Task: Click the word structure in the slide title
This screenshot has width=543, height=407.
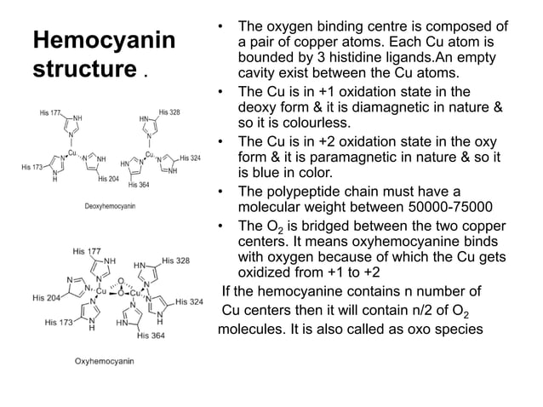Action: coord(83,69)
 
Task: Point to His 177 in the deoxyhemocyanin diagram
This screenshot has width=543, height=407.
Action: coord(49,113)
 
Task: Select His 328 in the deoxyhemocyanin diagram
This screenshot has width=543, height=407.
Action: coord(169,112)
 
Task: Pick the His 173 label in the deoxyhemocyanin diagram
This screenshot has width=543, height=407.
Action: coord(31,166)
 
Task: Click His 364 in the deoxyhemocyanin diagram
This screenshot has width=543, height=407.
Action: coord(138,185)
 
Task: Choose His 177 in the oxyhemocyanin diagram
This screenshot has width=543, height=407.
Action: coord(89,251)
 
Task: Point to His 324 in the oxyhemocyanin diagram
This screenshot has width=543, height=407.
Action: coord(190,301)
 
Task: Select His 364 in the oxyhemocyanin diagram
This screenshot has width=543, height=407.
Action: coord(150,335)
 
